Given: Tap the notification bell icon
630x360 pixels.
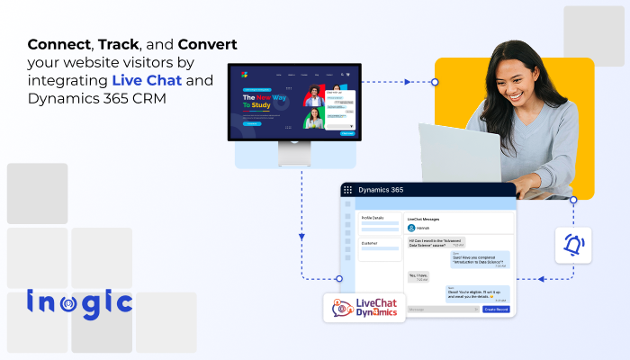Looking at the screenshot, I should click(573, 244).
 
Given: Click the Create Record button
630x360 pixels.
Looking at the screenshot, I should click(496, 309).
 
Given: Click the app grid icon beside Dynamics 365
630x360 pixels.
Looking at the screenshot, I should click(347, 190).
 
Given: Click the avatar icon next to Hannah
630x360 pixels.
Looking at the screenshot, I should click(412, 229).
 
